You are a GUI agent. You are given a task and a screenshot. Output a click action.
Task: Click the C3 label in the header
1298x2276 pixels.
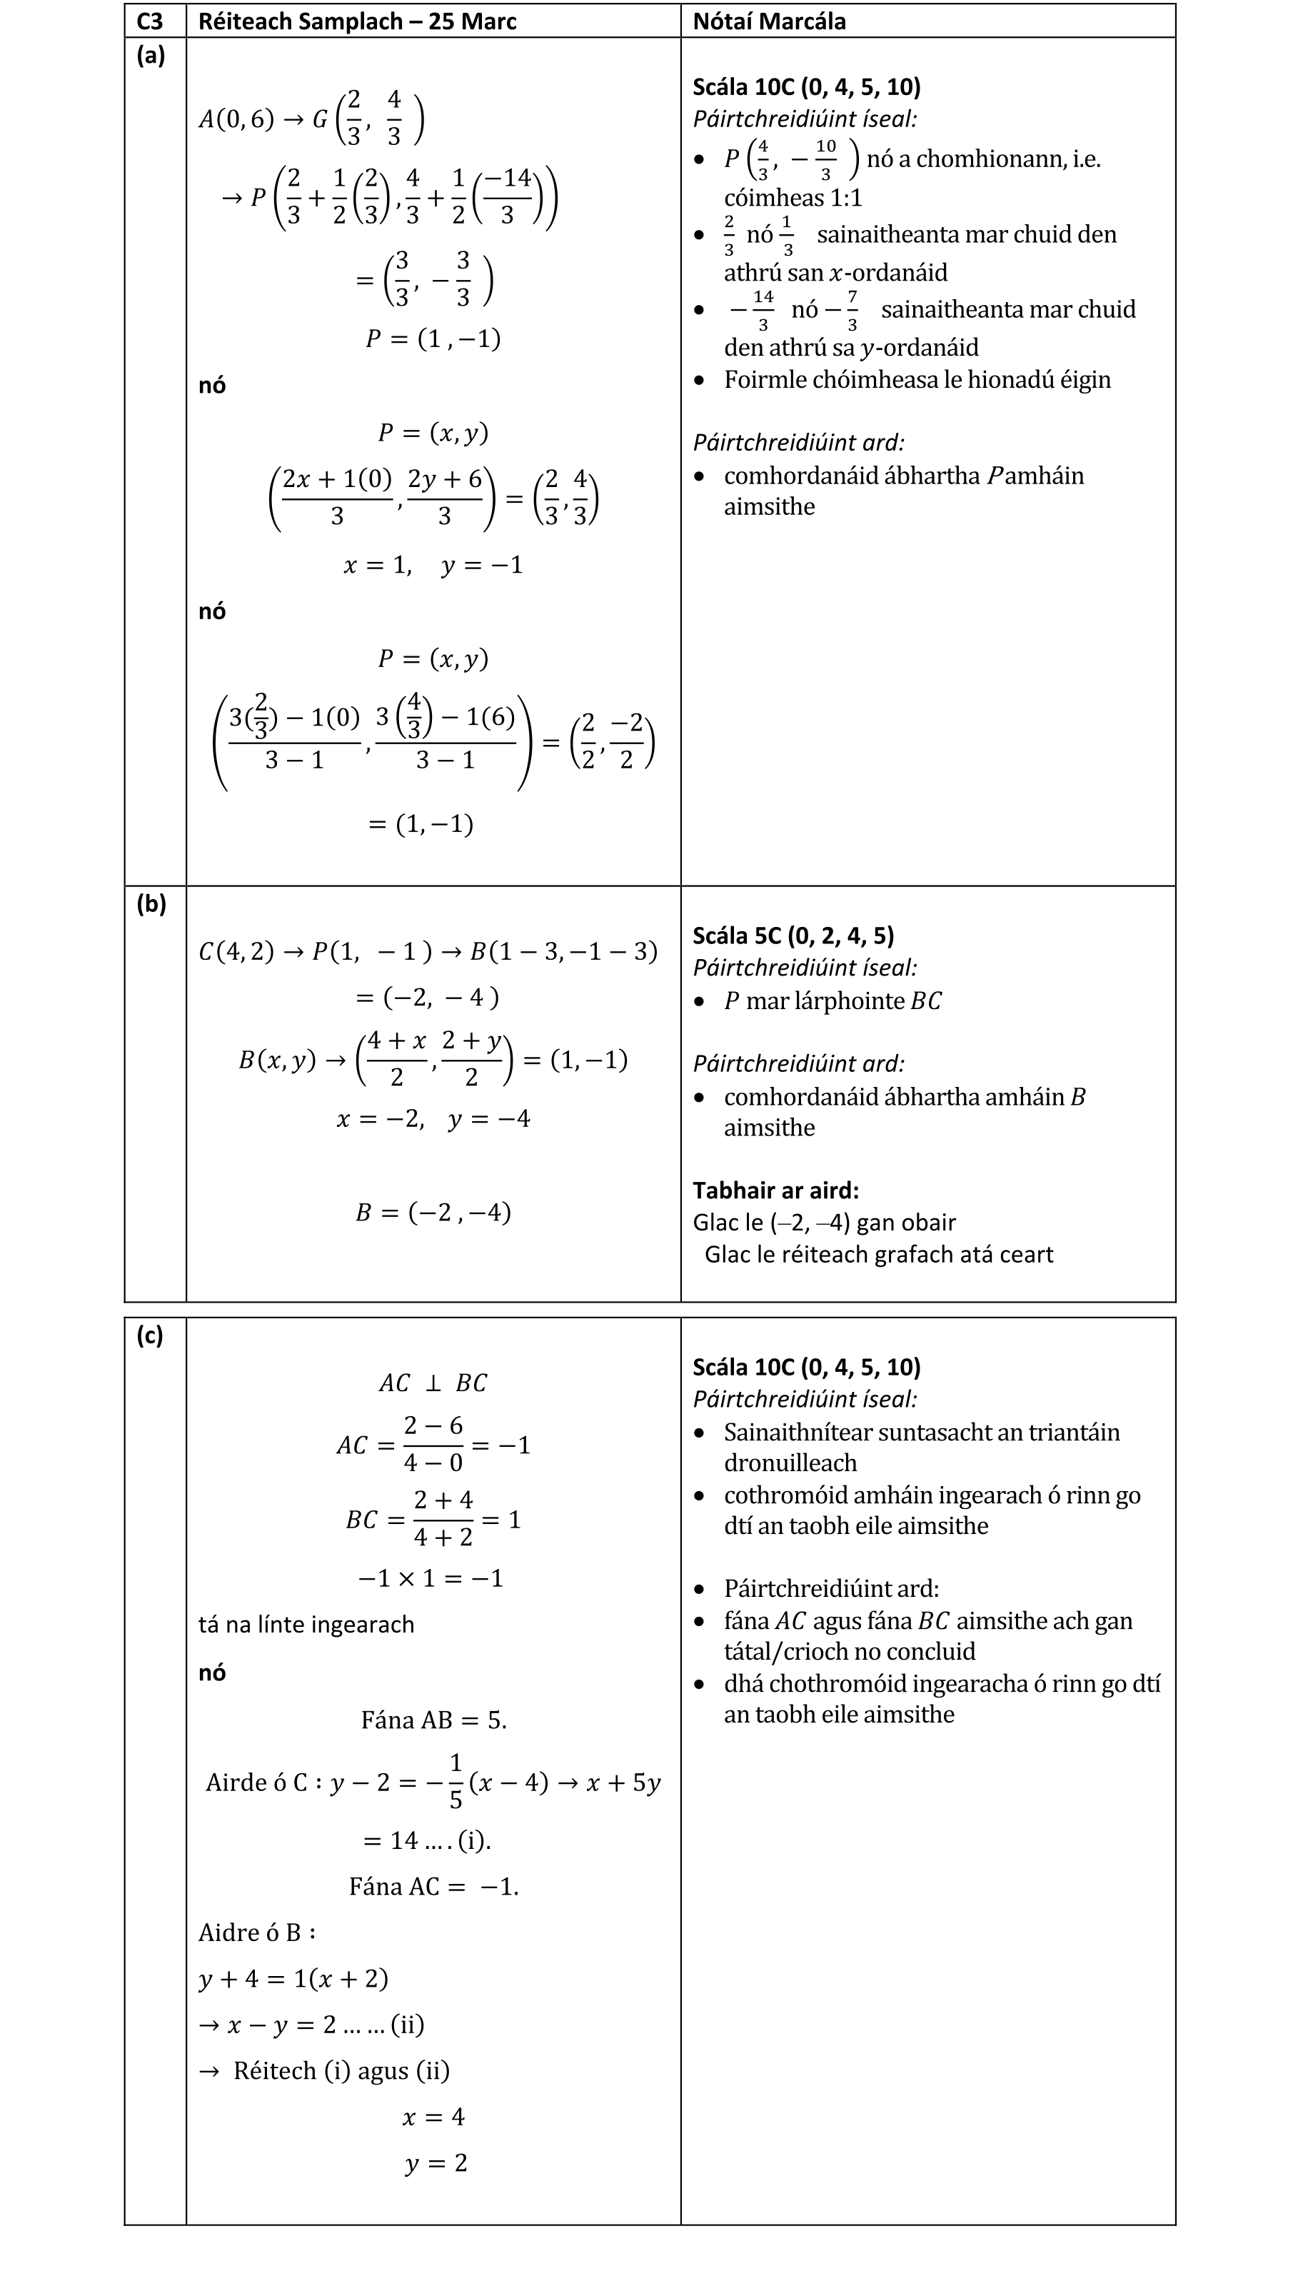[x=150, y=21]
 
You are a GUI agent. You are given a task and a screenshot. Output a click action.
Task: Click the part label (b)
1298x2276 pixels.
[x=151, y=904]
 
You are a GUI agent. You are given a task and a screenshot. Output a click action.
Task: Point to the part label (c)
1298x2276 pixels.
[x=150, y=1335]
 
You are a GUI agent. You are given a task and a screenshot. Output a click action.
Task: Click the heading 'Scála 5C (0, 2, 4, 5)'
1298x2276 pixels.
[x=793, y=936]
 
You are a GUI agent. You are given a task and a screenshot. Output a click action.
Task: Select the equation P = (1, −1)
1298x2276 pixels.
[x=433, y=339]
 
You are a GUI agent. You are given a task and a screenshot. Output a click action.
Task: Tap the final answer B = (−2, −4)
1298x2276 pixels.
[x=433, y=1213]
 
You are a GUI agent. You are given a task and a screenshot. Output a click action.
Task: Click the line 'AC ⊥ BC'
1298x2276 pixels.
[x=433, y=1383]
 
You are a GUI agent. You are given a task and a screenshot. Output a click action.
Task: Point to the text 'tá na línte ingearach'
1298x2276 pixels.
[x=306, y=1624]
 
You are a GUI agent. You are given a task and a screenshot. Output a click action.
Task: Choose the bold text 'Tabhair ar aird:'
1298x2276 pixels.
[x=775, y=1190]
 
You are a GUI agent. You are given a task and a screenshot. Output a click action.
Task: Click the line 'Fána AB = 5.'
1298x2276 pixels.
[x=433, y=1720]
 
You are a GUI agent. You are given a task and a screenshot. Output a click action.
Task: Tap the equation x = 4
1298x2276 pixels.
[x=433, y=2117]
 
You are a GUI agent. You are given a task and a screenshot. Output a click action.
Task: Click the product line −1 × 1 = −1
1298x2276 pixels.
[x=431, y=1578]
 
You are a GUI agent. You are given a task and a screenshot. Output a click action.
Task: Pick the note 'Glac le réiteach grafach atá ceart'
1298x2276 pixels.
[x=878, y=1254]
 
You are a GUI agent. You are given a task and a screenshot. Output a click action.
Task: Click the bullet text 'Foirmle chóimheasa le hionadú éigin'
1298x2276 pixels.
[x=917, y=380]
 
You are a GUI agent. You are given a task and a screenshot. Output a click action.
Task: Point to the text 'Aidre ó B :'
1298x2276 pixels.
[x=257, y=1932]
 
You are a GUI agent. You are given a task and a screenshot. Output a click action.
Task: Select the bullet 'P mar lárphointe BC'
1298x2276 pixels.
[x=832, y=1001]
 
